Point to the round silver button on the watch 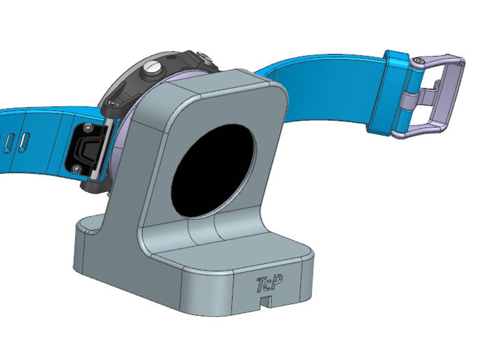151,68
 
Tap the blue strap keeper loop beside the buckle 387,94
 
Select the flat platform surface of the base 234,251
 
